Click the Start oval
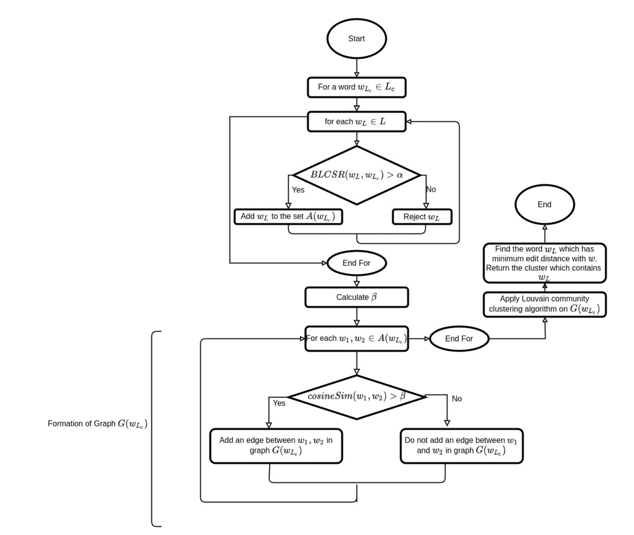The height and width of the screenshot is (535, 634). [356, 39]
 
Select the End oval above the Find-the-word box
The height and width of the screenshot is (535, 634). [544, 204]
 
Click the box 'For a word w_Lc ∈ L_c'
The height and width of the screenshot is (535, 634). [356, 87]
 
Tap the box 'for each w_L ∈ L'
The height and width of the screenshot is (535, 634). [356, 122]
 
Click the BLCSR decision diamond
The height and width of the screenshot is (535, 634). [356, 175]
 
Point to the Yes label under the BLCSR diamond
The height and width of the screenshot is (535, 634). [298, 190]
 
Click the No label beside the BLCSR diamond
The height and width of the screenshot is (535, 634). [431, 189]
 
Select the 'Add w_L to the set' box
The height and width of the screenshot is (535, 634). [288, 216]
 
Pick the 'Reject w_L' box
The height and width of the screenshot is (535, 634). [422, 217]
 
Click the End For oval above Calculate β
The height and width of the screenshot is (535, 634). [356, 263]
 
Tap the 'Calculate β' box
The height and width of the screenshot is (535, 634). [356, 297]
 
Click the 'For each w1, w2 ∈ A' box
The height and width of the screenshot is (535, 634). [356, 339]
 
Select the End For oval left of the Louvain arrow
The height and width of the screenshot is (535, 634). [459, 339]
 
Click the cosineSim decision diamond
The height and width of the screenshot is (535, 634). [356, 397]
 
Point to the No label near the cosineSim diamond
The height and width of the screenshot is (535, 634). [457, 399]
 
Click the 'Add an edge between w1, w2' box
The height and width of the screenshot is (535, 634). [276, 446]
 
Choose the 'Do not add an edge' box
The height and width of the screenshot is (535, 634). [461, 446]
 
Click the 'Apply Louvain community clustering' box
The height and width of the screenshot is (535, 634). [544, 304]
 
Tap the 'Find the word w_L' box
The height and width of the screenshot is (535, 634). [544, 263]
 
